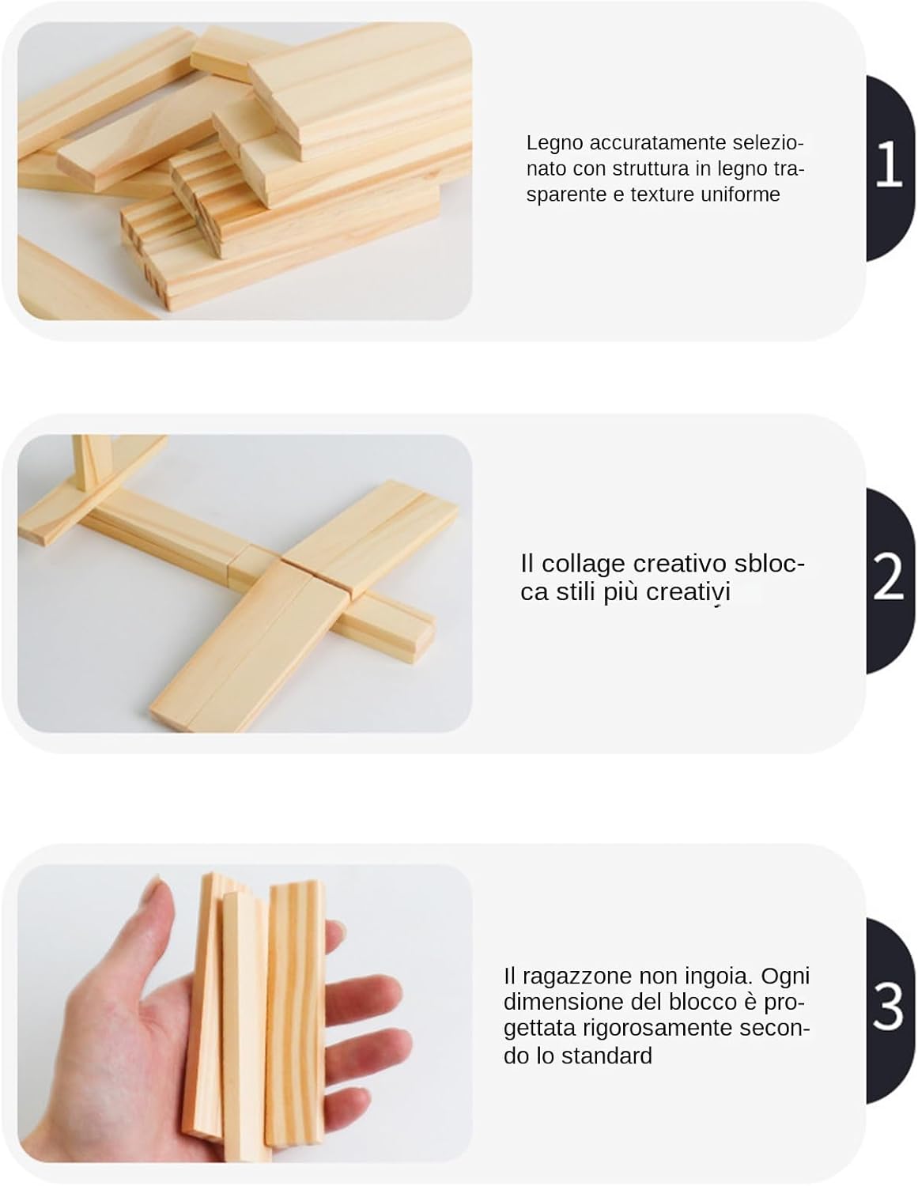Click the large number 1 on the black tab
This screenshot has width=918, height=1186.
[889, 163]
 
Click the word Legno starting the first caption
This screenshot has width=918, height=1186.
[555, 144]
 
